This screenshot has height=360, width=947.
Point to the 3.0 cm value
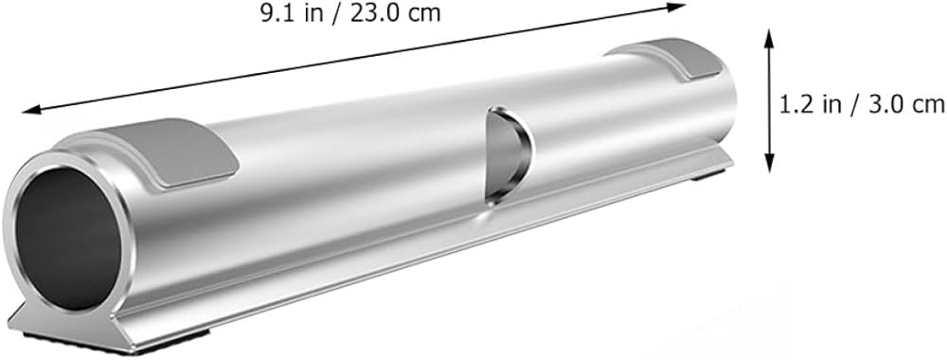902,105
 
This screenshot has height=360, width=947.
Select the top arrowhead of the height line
769,38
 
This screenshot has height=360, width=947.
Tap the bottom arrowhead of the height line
769,163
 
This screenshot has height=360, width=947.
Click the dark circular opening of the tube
67,238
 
